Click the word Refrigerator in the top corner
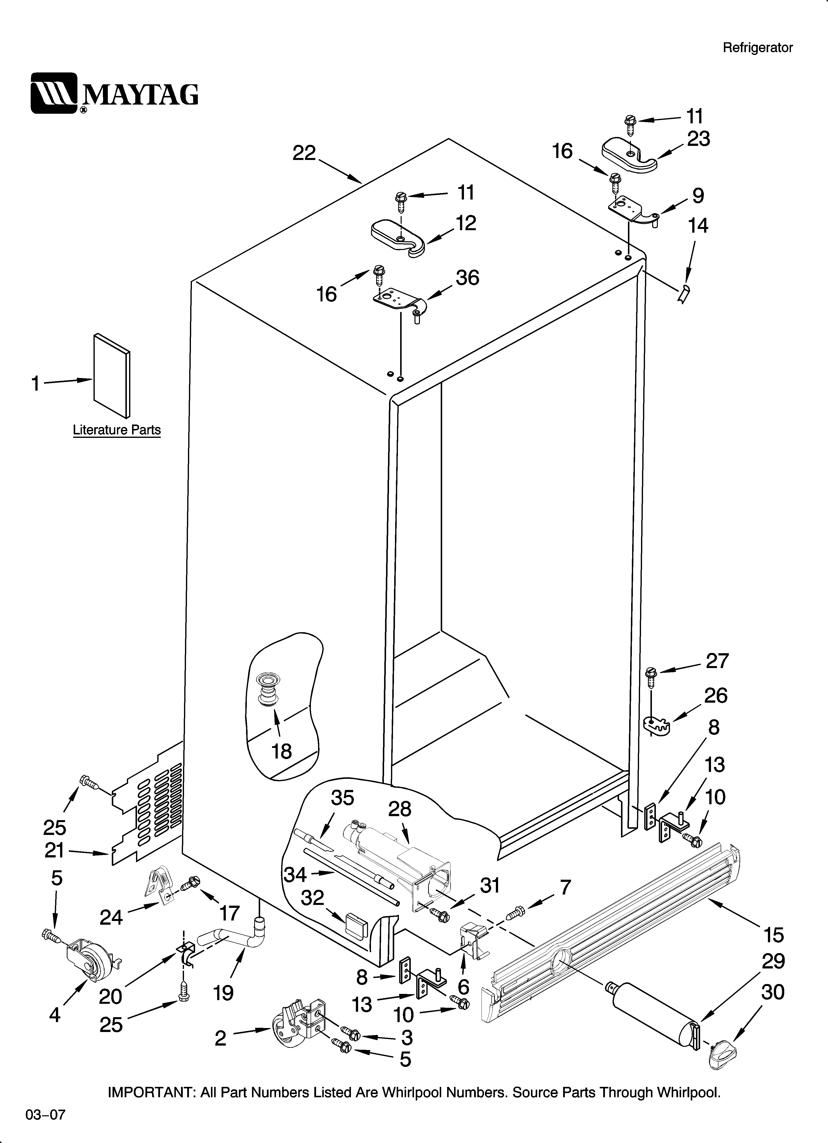pos(758,48)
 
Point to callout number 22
pos(304,153)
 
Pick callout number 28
pos(399,809)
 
